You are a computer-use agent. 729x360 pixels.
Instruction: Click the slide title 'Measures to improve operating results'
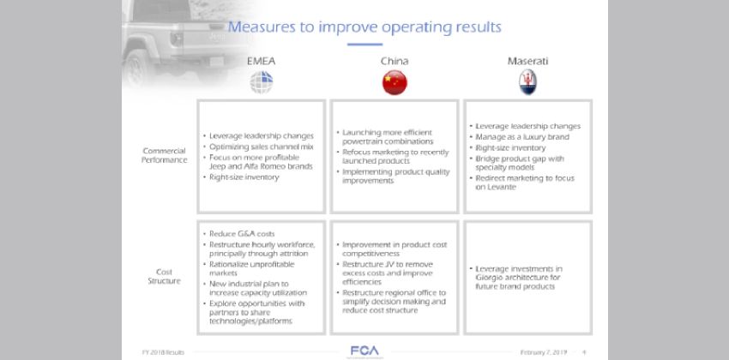pos(364,27)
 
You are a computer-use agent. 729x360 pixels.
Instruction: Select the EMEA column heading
pos(262,61)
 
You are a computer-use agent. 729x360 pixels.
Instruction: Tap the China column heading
pos(394,61)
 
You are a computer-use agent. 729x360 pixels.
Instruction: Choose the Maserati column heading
pos(527,61)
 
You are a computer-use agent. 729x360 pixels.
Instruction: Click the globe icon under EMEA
pos(262,82)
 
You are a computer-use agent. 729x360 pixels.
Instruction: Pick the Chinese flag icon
pos(394,82)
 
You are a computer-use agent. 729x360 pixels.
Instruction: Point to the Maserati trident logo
pos(527,82)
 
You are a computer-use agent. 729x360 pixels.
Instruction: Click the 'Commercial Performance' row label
pos(164,155)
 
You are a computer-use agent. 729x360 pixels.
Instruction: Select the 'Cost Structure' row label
pos(164,276)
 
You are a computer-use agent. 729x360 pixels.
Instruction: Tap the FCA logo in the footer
pos(364,350)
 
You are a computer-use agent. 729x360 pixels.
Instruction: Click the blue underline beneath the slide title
pos(364,44)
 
